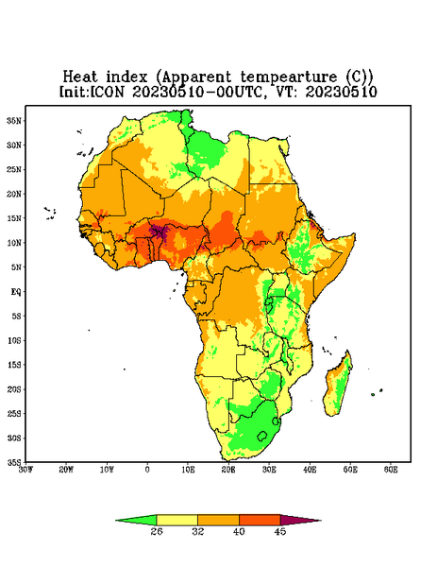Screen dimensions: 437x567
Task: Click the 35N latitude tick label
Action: point(14,120)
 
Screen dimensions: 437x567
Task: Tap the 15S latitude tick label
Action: point(14,365)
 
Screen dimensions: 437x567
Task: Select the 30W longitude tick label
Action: point(25,470)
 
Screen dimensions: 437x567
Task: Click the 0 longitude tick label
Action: point(147,470)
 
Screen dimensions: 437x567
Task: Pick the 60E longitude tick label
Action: point(391,470)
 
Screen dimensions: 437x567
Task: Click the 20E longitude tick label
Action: point(228,470)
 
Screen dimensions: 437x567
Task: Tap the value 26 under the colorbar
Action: point(157,531)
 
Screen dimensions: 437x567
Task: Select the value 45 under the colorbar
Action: point(280,531)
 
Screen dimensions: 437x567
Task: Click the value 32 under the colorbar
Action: point(198,531)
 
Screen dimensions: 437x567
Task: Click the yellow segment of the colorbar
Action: point(176,520)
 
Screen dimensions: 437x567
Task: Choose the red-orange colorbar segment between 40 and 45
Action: point(260,520)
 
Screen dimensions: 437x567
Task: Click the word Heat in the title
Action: point(80,77)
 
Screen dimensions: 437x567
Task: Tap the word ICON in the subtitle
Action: point(107,92)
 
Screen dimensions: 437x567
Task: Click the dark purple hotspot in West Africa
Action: point(159,232)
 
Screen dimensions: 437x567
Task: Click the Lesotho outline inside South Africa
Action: point(262,436)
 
